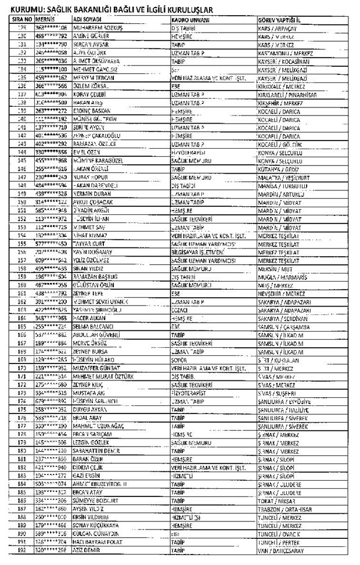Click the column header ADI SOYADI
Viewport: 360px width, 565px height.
point(88,19)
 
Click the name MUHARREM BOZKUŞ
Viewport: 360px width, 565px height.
point(96,27)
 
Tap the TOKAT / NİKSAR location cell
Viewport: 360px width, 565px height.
point(276,499)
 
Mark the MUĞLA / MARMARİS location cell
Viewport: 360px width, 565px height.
point(280,278)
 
